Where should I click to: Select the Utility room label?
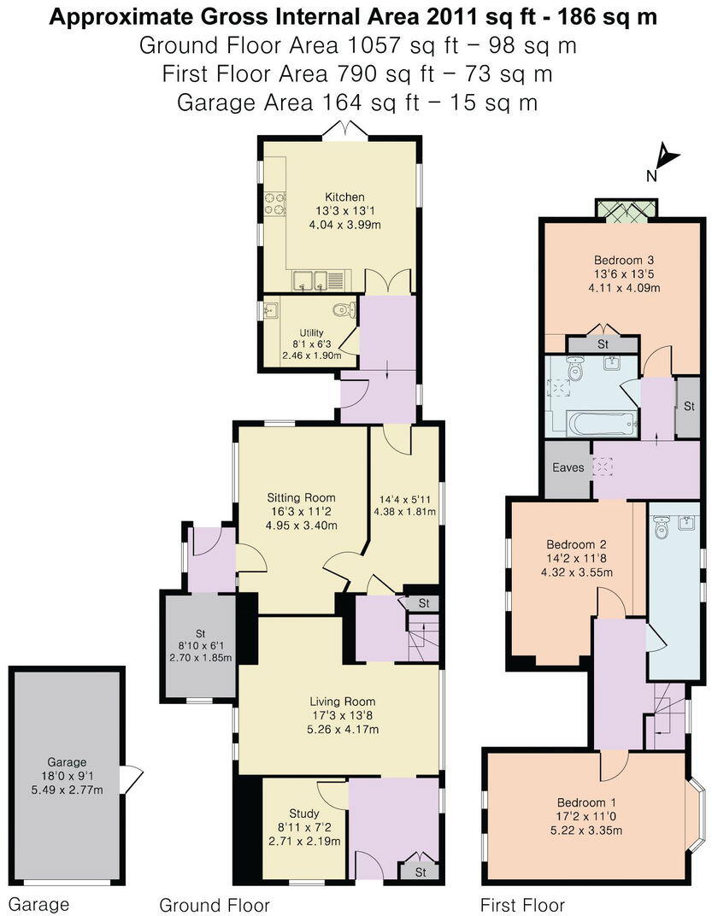[x=311, y=333]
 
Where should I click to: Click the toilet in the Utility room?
[x=342, y=309]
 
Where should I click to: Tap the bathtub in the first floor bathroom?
[x=602, y=422]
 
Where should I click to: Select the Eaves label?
[x=568, y=468]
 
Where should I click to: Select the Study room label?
[x=303, y=813]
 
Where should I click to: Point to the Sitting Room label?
[x=301, y=497]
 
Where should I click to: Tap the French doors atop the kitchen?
[x=345, y=130]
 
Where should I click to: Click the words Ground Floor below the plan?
[x=215, y=905]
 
